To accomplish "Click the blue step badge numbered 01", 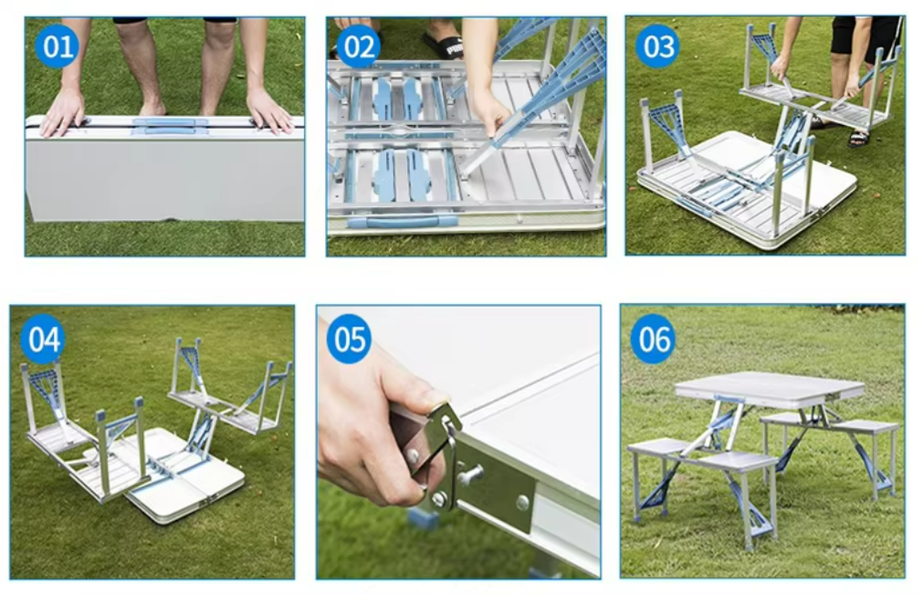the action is coord(58,47).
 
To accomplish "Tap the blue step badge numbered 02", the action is coord(359,47).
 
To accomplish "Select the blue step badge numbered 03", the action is coord(658,46).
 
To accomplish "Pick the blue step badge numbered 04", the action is coord(44,339).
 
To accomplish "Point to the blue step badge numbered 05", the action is coord(349,339).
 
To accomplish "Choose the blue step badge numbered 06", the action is coord(654,339).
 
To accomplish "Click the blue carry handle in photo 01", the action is coord(170,125).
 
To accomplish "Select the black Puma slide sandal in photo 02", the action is coord(443,45).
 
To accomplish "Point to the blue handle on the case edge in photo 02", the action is coord(403,221).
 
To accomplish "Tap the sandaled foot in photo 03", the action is coord(859,138).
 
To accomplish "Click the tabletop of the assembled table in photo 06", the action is coord(769,389).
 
